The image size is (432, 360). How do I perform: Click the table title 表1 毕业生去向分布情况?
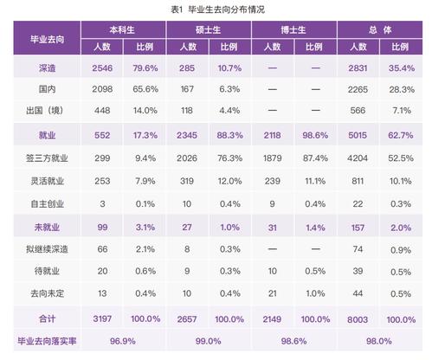point(217,10)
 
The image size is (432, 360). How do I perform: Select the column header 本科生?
point(122,29)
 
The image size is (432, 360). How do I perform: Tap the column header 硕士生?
point(208,29)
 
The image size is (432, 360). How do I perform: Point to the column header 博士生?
point(293,29)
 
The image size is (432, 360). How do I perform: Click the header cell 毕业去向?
point(47,39)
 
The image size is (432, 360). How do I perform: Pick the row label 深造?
point(47,68)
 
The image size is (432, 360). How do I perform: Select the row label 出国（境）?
point(45,110)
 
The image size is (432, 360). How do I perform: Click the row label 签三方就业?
point(47,158)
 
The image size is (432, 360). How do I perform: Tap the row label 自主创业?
point(47,204)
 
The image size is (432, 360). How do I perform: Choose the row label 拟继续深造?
point(47,249)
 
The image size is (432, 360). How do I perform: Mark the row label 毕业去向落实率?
point(47,341)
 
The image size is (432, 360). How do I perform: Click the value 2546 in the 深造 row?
point(102,68)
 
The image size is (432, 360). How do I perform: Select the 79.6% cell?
point(145,68)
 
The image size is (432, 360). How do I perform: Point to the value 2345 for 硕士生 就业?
point(187,135)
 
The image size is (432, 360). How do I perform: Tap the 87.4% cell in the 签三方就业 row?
point(315,158)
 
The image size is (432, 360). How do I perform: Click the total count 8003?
point(358,319)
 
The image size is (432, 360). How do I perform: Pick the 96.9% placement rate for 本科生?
point(123,341)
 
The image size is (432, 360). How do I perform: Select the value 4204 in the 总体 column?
point(358,158)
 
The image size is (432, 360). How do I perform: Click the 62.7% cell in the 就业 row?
point(401,135)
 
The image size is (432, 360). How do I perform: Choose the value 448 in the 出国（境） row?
point(102,111)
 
